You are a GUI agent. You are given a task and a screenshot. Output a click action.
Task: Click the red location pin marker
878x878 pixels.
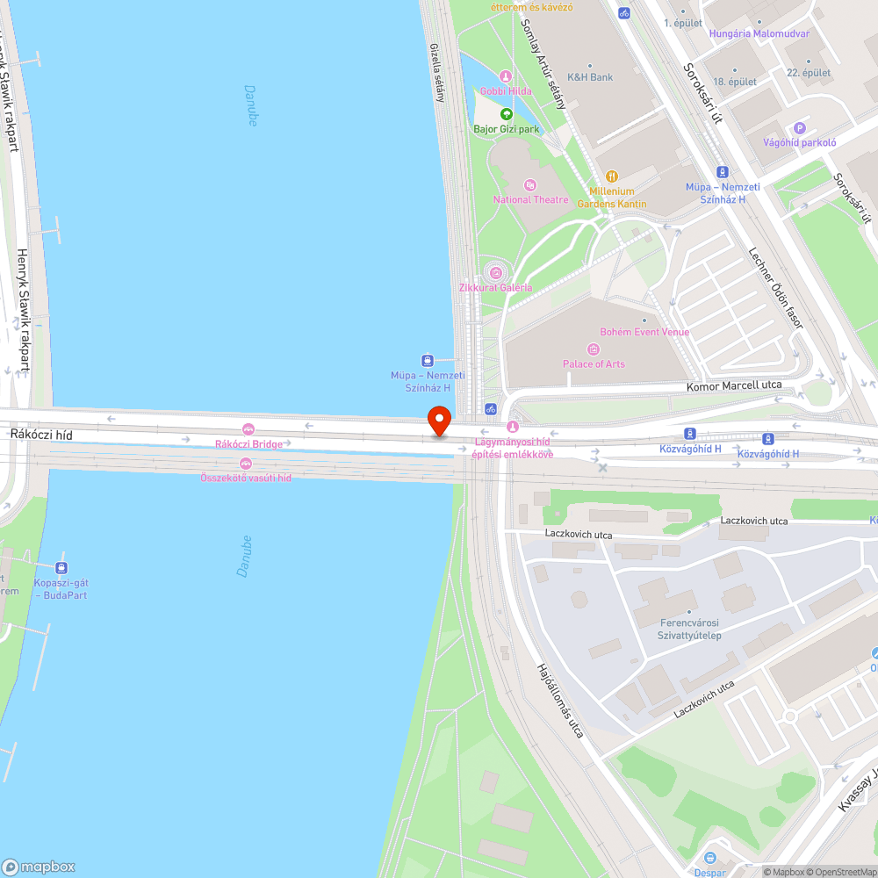tap(439, 421)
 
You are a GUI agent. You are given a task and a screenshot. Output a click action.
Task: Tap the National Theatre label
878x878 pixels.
tap(531, 199)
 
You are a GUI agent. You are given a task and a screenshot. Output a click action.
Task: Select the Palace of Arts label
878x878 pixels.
tap(594, 363)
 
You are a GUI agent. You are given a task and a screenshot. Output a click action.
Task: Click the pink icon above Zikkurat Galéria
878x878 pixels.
tap(495, 272)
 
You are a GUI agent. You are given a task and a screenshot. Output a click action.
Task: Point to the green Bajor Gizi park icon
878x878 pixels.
tap(507, 114)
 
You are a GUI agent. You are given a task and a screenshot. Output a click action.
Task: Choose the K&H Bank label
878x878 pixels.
tap(590, 77)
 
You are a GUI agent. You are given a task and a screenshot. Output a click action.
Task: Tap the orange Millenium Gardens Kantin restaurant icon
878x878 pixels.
tap(613, 176)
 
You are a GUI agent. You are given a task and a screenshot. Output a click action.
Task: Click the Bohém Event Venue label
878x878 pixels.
tap(644, 332)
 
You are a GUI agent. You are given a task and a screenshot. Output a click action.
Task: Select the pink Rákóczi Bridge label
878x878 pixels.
tap(248, 443)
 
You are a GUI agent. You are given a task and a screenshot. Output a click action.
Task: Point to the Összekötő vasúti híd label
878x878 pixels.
tap(246, 477)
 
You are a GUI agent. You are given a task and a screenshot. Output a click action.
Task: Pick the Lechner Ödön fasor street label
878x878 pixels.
tap(776, 288)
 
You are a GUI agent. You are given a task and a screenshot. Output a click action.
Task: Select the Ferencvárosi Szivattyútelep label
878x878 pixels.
tap(689, 629)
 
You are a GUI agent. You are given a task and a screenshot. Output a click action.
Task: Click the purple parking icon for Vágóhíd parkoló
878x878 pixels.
tap(799, 128)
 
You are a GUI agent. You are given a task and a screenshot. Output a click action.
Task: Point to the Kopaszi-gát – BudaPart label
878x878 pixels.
tap(61, 588)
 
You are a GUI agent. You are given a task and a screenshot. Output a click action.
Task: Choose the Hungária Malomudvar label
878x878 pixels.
tap(759, 34)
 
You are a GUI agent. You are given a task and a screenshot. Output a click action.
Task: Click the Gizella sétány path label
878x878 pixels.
tap(436, 73)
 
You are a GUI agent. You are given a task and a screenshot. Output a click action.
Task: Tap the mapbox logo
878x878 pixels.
tap(39, 866)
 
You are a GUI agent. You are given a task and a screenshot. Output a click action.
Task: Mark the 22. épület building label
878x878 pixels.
tap(808, 73)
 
